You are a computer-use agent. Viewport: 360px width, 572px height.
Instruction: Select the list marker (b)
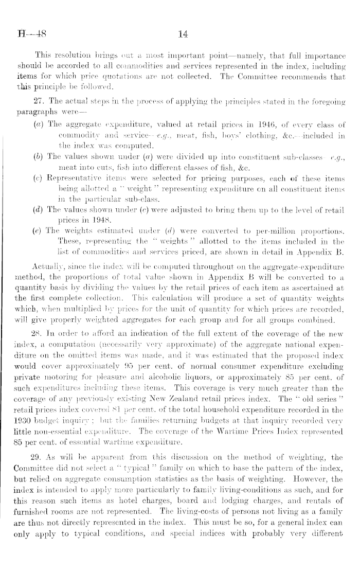51,166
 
